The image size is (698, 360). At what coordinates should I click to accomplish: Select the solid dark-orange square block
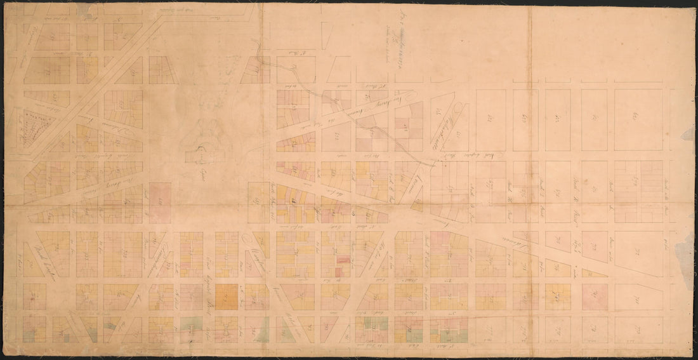click(227, 297)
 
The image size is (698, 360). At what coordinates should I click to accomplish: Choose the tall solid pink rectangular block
click(161, 203)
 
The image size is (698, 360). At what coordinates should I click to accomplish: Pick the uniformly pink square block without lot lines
click(595, 297)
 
